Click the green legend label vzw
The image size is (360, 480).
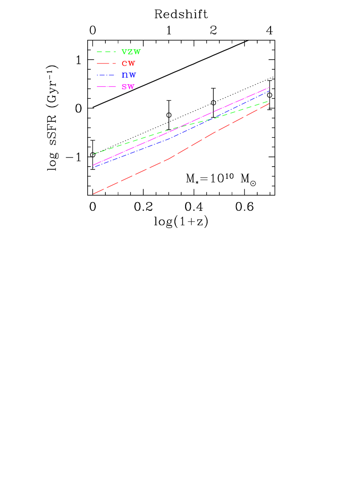pos(131,52)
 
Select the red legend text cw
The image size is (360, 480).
pos(128,64)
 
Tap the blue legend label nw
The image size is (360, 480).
pos(129,75)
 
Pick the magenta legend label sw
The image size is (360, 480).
pos(128,87)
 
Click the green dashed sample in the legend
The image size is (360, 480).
pos(106,52)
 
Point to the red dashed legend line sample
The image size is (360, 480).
pos(106,63)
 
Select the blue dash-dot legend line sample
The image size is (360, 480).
pos(106,75)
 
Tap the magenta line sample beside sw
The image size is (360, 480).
pos(106,87)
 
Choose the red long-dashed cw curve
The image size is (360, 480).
pos(132,175)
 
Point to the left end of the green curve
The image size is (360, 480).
pos(93,154)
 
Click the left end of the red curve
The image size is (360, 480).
pos(93,194)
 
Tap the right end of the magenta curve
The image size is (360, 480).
pos(269,87)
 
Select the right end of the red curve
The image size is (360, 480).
pos(269,104)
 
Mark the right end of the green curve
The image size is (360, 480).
pos(269,101)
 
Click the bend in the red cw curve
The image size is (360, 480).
pos(171,158)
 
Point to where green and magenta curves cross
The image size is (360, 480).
pos(176,128)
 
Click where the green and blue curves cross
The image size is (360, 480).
pos(215,118)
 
